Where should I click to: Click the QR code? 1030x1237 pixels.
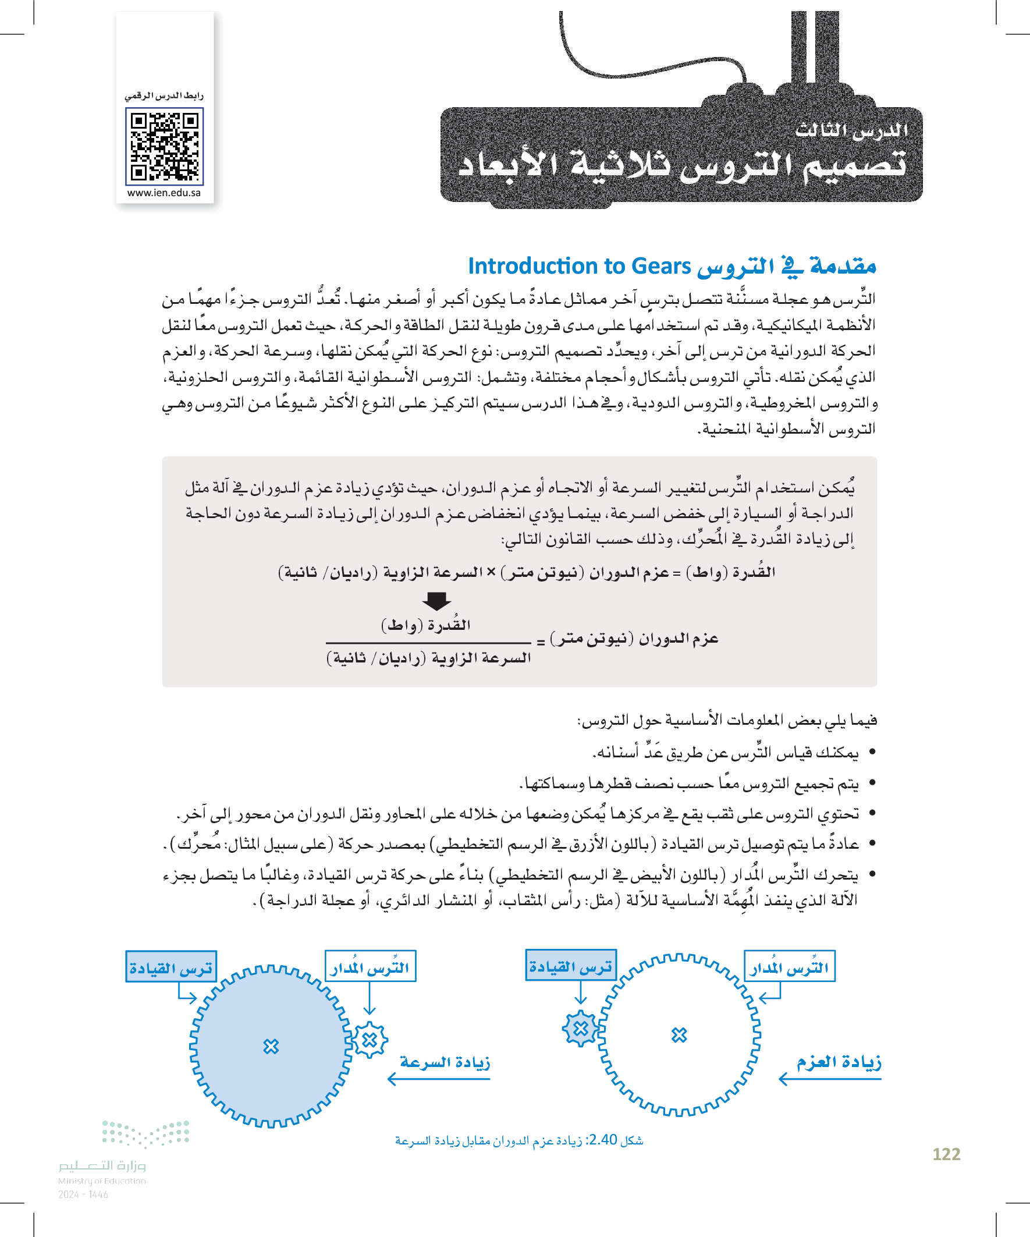click(164, 146)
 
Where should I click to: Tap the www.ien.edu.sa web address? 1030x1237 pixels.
click(164, 193)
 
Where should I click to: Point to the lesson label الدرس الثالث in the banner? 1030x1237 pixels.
click(851, 130)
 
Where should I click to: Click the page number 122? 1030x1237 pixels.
click(946, 1154)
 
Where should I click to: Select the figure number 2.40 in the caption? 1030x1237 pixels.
click(602, 1140)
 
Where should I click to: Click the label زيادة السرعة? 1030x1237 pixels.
click(445, 1062)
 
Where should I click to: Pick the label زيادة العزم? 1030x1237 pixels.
click(839, 1062)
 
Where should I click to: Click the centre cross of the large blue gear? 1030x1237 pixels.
click(271, 1047)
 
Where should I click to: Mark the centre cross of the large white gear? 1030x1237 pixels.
click(679, 1035)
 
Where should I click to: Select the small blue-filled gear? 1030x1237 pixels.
click(581, 1029)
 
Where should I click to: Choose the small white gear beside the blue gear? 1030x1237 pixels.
click(370, 1040)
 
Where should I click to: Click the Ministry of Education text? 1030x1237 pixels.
click(102, 1181)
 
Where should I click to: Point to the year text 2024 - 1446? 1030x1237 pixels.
click(83, 1195)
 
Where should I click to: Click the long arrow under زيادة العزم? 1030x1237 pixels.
click(830, 1079)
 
